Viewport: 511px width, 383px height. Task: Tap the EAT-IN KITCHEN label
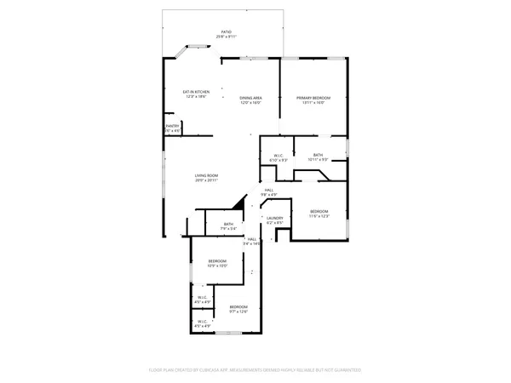(x=196, y=92)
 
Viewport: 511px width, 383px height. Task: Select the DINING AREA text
(x=250, y=98)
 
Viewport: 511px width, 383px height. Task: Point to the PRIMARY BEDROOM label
(x=313, y=98)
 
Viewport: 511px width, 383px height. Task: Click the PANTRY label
(x=172, y=126)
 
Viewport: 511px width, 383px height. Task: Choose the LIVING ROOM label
(x=206, y=175)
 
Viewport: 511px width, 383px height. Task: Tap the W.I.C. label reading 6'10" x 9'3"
(x=278, y=155)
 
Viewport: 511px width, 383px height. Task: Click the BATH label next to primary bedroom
(x=318, y=155)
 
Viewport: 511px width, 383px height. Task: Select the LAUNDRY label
(x=274, y=218)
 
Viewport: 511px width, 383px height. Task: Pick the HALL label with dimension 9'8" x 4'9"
(x=268, y=190)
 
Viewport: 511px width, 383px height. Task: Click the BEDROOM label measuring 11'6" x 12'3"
(x=319, y=210)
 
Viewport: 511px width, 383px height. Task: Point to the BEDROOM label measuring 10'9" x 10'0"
(x=218, y=260)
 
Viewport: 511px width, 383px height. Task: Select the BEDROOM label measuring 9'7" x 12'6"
(x=238, y=306)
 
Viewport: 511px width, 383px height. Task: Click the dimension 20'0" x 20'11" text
(x=206, y=180)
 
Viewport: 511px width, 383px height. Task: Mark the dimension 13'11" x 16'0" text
(x=313, y=103)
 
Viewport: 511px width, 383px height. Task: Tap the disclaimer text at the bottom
(x=255, y=370)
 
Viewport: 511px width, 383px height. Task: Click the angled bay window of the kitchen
(x=181, y=54)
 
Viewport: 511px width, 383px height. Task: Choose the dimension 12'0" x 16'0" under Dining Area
(x=250, y=103)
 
